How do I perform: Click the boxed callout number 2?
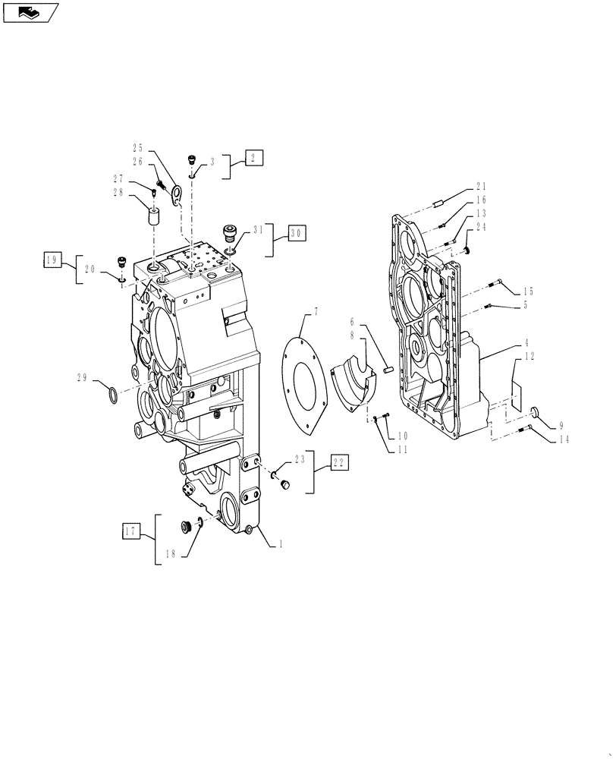[x=253, y=158]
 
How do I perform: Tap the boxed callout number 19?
[x=52, y=260]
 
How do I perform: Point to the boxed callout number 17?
[x=130, y=531]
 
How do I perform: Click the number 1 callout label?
[x=282, y=543]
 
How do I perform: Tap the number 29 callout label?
[x=82, y=376]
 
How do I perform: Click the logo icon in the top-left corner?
[x=30, y=12]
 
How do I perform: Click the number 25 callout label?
[x=140, y=149]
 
